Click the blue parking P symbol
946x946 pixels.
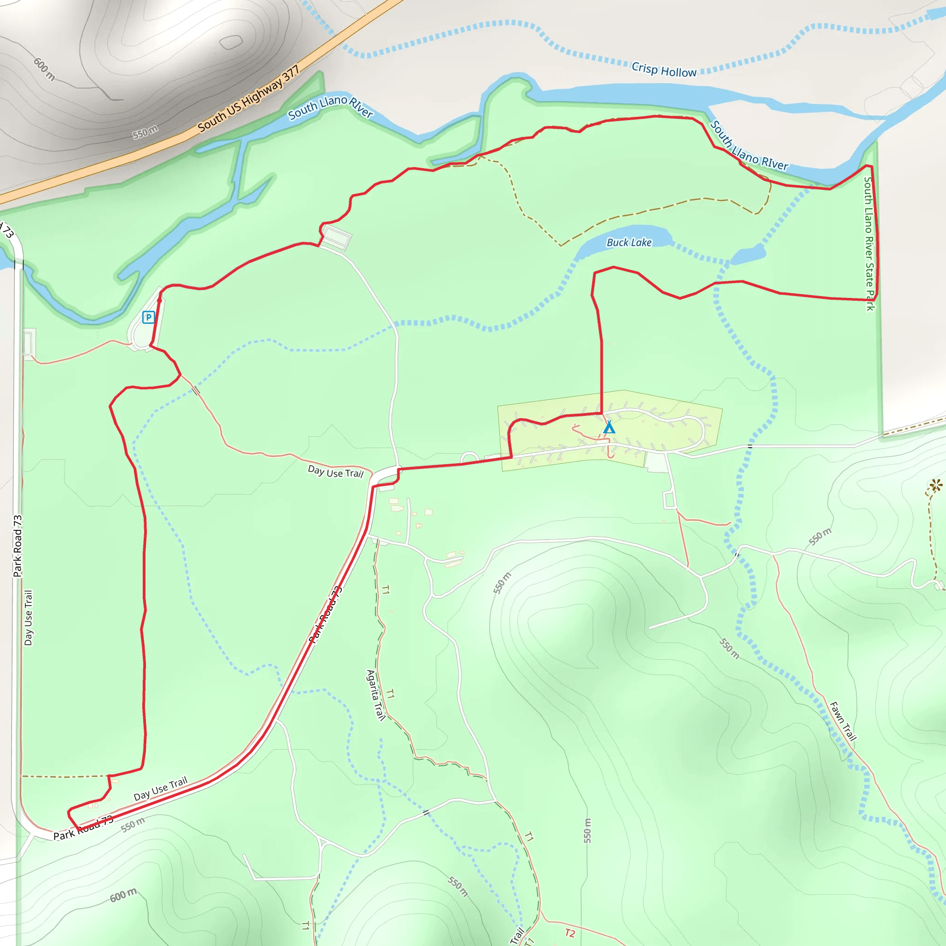click(x=148, y=317)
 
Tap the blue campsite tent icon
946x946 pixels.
click(x=609, y=427)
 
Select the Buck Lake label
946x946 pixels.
click(x=629, y=243)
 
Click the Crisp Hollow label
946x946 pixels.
click(x=663, y=70)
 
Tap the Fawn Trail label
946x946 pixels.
click(x=843, y=721)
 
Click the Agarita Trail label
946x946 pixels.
click(x=376, y=695)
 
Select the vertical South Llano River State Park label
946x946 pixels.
click(x=869, y=243)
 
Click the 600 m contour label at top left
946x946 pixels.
click(x=44, y=69)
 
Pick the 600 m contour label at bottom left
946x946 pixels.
click(x=123, y=895)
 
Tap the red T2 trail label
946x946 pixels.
click(x=570, y=933)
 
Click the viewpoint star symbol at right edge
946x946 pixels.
click(x=936, y=485)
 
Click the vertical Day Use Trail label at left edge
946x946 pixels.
click(x=28, y=618)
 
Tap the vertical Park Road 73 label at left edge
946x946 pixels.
click(x=18, y=546)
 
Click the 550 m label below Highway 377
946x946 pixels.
click(x=145, y=132)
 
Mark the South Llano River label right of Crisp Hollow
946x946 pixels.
click(x=749, y=146)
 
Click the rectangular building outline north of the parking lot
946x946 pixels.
click(x=336, y=239)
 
